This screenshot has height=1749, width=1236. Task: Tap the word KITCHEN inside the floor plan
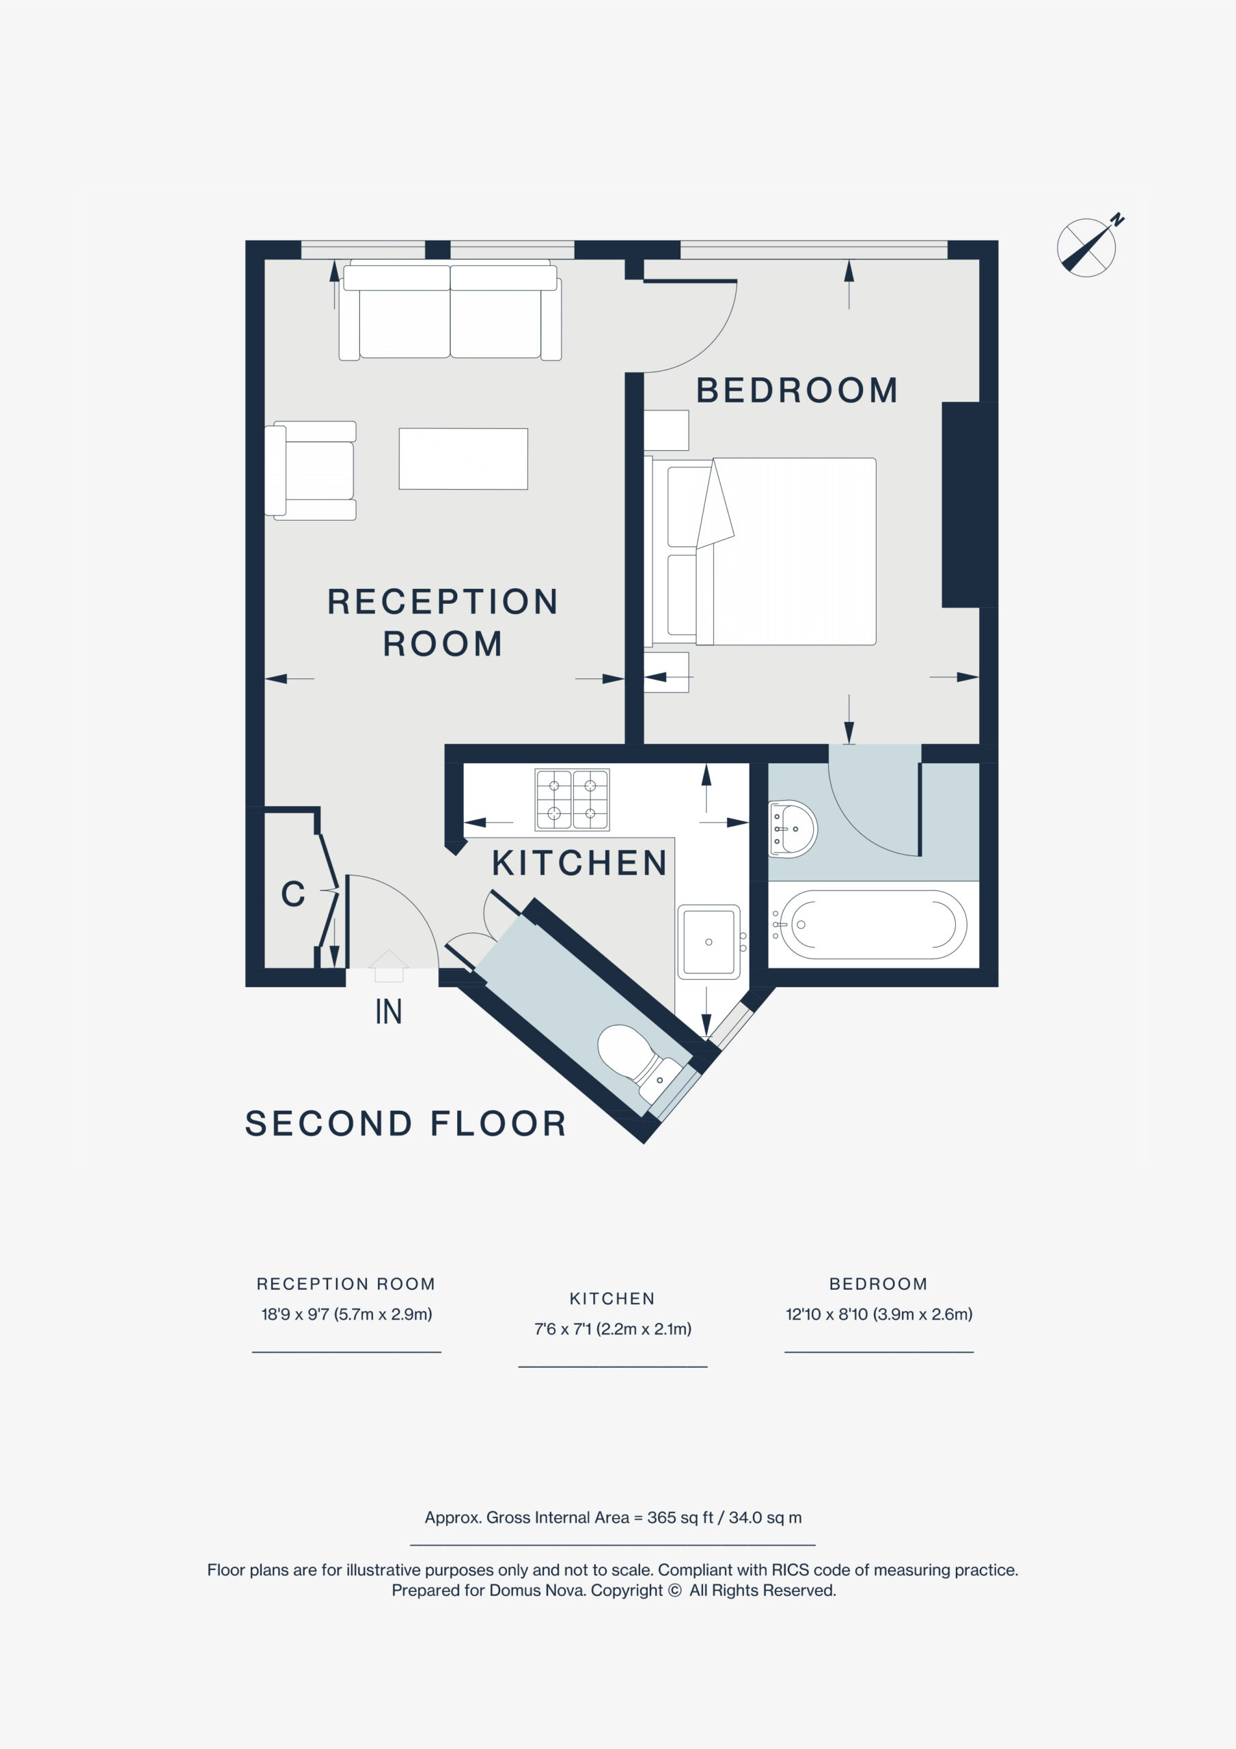(580, 863)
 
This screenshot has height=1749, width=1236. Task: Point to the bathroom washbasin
(793, 829)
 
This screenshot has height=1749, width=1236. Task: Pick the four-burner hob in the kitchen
(573, 799)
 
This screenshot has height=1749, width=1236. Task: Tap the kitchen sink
(709, 941)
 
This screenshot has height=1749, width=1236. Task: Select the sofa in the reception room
(450, 310)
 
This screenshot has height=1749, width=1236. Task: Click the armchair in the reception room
(310, 471)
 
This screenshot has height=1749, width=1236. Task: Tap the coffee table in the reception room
(463, 458)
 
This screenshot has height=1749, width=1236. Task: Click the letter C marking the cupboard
(292, 894)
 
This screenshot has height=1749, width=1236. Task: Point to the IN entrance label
(389, 1012)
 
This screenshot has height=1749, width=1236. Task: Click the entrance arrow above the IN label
(389, 965)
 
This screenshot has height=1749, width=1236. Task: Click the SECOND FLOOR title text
(405, 1124)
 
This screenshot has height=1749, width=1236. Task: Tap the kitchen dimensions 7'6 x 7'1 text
(613, 1330)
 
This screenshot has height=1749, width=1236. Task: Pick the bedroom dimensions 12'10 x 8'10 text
(879, 1314)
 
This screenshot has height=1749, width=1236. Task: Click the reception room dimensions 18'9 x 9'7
(346, 1314)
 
